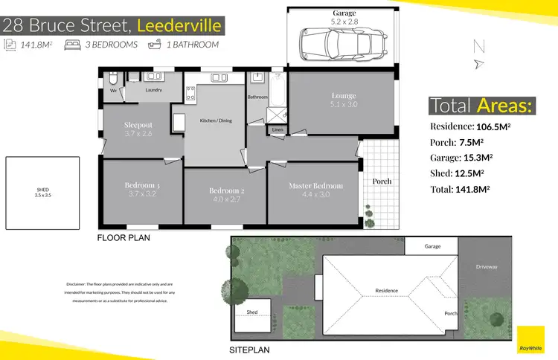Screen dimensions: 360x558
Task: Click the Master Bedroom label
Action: pos(315,186)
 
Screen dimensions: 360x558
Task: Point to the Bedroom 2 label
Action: pos(226,191)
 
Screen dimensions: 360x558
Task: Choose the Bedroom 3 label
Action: pos(142,185)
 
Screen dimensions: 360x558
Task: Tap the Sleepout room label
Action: pos(138,126)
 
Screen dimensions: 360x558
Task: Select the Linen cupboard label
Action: pos(278,130)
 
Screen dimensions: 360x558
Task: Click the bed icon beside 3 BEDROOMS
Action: pos(72,45)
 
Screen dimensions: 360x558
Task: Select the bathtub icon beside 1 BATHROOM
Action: pos(155,45)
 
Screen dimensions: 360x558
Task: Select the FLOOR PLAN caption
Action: pos(124,239)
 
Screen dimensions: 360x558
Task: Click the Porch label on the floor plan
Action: pos(381,181)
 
